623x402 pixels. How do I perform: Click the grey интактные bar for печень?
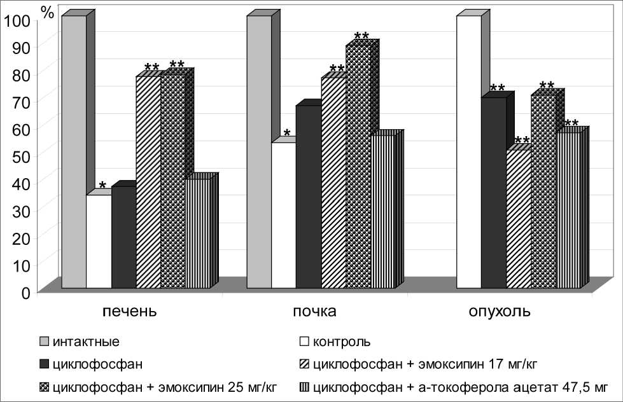click(73, 153)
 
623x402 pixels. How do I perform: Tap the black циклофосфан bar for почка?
click(309, 197)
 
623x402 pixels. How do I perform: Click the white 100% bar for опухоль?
click(469, 153)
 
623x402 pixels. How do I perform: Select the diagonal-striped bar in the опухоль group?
click(519, 219)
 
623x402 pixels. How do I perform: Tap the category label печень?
click(130, 312)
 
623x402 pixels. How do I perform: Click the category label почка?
click(315, 312)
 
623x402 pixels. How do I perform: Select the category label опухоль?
click(499, 312)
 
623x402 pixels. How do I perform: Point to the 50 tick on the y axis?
click(22, 155)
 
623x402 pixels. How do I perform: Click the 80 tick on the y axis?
click(22, 74)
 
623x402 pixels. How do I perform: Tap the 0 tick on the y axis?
click(25, 293)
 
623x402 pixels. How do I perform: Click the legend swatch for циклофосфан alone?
click(44, 365)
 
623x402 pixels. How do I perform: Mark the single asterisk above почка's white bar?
click(287, 134)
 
